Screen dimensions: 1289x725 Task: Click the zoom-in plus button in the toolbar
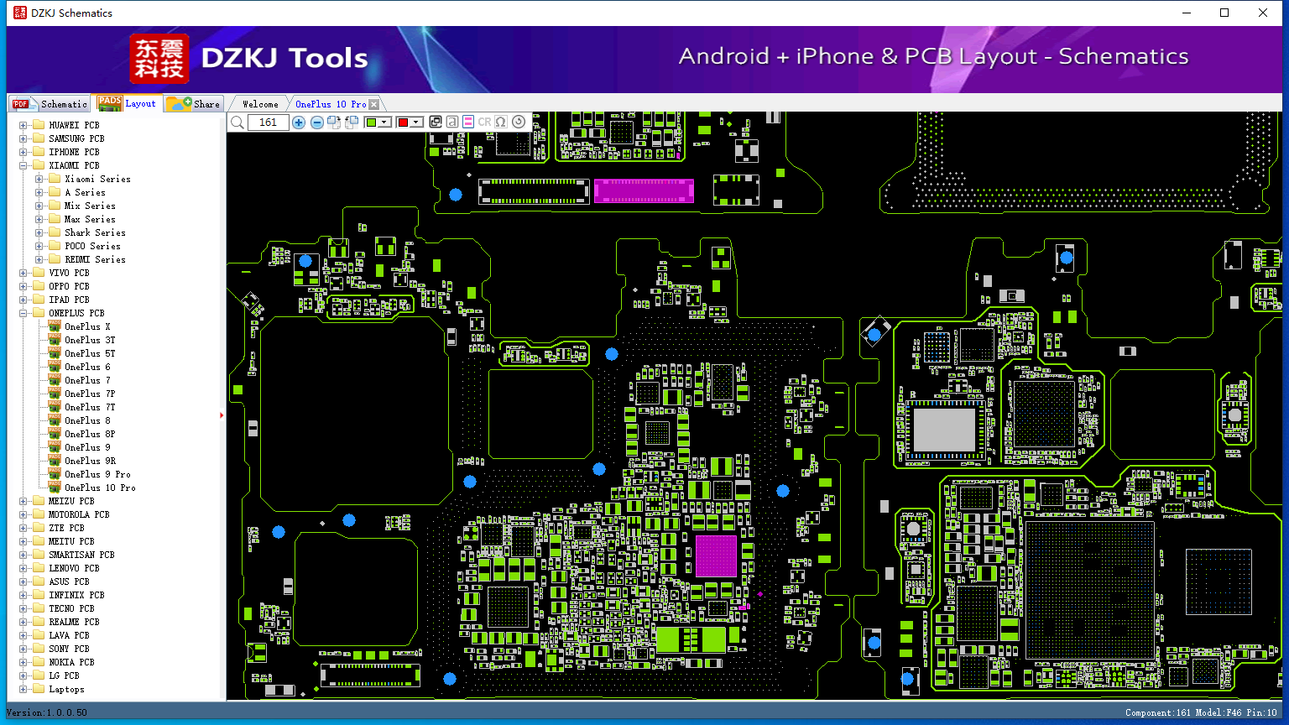tap(299, 122)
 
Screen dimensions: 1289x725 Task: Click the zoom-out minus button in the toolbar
tap(316, 122)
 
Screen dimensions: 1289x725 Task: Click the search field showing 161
tap(268, 122)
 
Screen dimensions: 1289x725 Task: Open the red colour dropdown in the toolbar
tap(416, 122)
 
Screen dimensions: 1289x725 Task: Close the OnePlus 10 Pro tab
tap(374, 104)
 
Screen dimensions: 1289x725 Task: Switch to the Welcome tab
tap(260, 104)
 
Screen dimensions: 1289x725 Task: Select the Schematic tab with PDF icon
tap(50, 103)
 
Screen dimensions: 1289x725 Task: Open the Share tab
tap(194, 103)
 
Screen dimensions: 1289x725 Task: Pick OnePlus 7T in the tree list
tap(90, 407)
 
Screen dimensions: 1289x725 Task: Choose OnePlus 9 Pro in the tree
tap(97, 474)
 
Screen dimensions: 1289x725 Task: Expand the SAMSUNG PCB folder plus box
tap(23, 138)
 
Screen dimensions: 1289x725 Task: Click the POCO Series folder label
tap(92, 246)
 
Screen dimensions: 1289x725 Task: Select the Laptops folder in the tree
tap(66, 689)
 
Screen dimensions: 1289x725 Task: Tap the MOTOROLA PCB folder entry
tap(79, 514)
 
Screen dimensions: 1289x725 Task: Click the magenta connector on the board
tap(644, 191)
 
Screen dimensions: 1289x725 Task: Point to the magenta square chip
tap(716, 555)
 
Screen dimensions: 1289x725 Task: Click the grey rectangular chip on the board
tap(944, 430)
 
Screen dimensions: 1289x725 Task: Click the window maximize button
tap(1224, 13)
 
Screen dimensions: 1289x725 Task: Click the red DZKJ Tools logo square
tap(159, 59)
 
